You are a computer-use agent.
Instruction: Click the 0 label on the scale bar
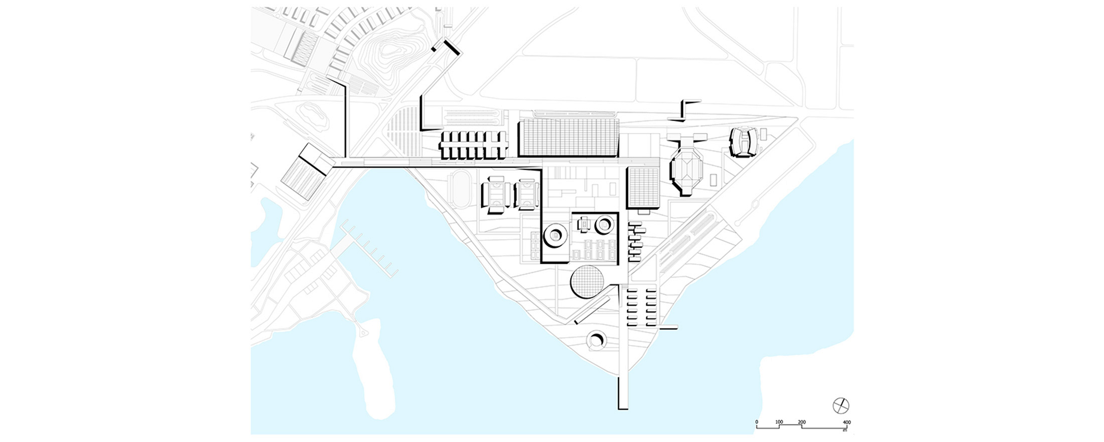coord(757,422)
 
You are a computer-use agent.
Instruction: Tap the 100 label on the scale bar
coord(779,422)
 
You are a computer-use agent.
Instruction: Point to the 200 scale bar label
coord(802,422)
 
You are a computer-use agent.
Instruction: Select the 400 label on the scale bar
coord(847,422)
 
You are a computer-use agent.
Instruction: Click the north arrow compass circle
coord(841,405)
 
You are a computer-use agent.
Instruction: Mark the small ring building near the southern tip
coord(597,341)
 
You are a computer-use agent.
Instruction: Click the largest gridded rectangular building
coord(569,137)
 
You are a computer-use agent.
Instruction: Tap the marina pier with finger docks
coord(369,249)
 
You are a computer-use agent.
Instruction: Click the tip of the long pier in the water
coord(623,408)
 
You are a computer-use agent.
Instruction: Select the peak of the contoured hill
coord(392,49)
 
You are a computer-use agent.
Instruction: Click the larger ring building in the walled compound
coord(555,235)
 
